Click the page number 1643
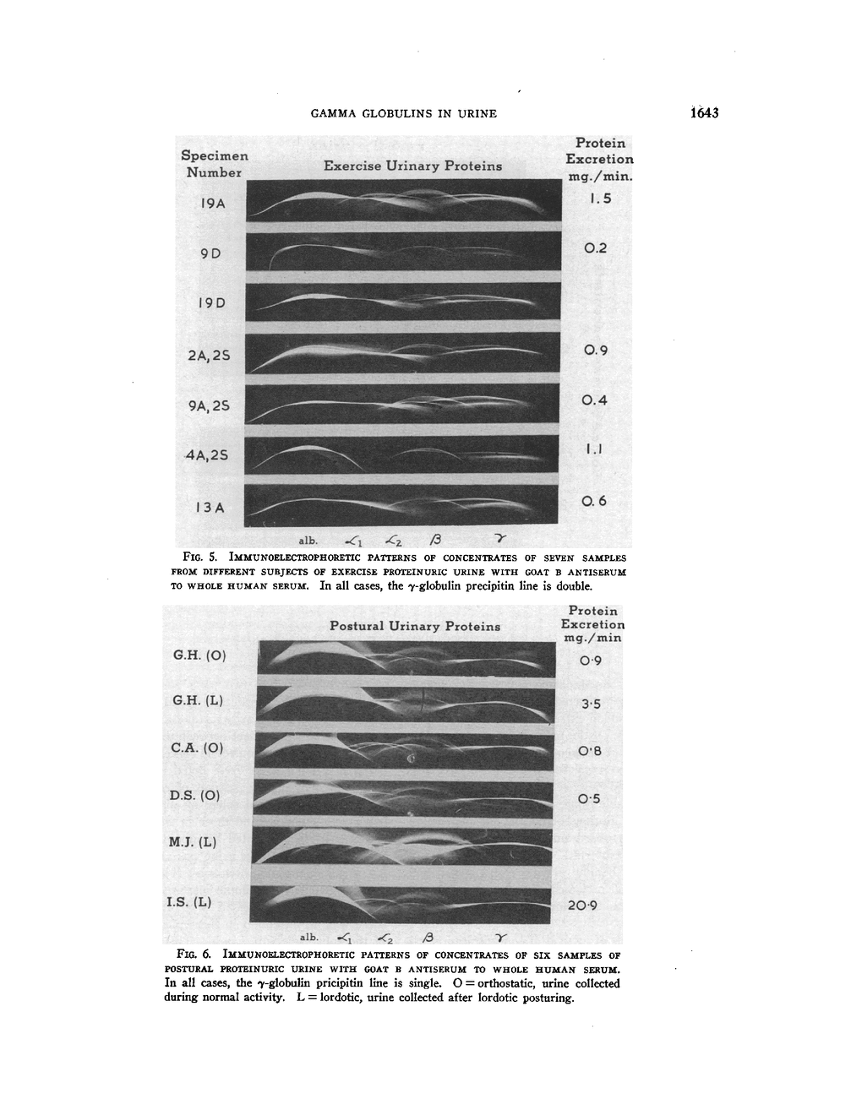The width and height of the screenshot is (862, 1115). [x=702, y=113]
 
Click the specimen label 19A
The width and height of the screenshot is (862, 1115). [x=213, y=204]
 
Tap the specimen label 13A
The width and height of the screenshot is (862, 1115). [x=210, y=508]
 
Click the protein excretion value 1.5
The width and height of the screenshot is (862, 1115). [x=599, y=199]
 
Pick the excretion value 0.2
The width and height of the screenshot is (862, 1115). [x=596, y=248]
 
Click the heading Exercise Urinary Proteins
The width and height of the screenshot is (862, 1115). [x=412, y=166]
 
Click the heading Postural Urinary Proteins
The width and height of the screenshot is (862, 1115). [x=415, y=627]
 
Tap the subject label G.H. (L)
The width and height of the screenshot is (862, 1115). [x=198, y=700]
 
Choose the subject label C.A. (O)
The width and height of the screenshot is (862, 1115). [x=197, y=748]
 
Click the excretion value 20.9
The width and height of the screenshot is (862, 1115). [x=582, y=906]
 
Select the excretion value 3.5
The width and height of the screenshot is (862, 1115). [x=590, y=704]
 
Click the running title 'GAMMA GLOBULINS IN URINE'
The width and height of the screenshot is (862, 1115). [x=403, y=113]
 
